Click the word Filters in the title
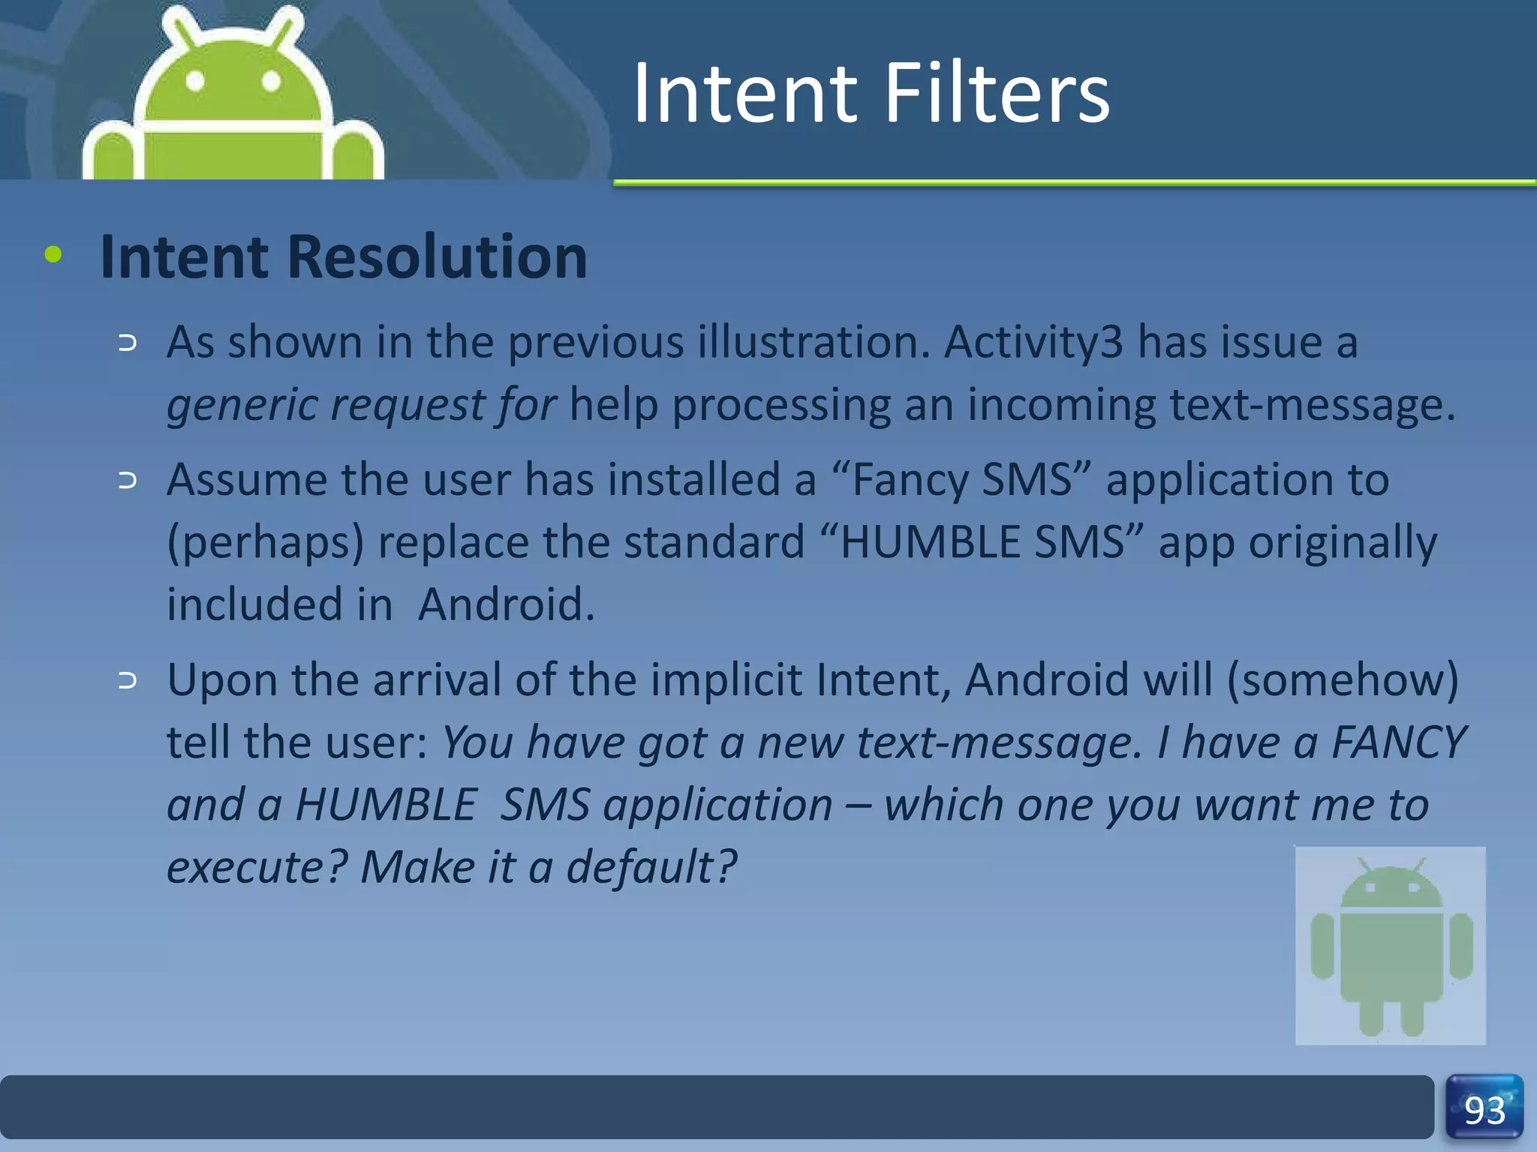pos(996,94)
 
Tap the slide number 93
pos(1484,1110)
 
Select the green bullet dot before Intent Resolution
pos(53,254)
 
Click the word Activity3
pos(1033,342)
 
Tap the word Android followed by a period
pos(506,604)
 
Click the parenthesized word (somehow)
pos(1343,679)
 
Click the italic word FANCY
pos(1398,742)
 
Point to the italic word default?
pos(651,867)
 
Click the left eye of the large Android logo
pos(195,80)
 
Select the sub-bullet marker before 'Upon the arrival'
pos(128,680)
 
